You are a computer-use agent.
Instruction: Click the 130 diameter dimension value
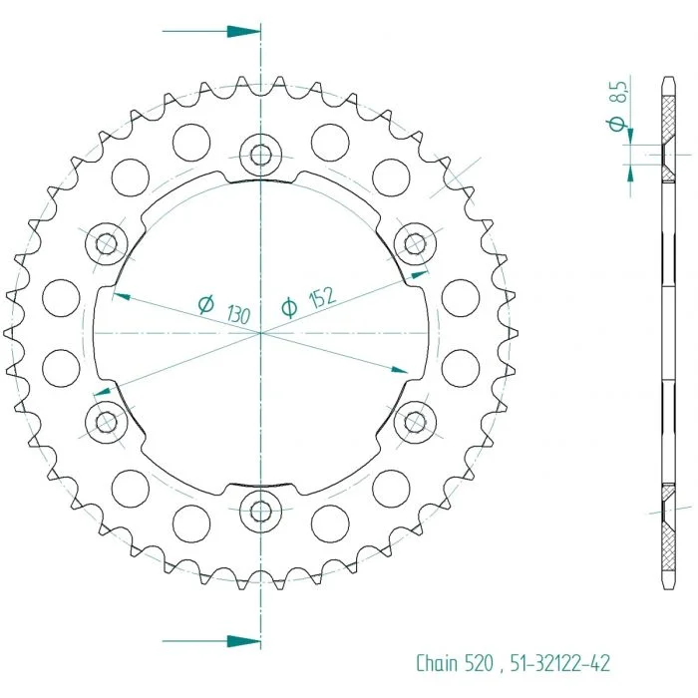pos(238,314)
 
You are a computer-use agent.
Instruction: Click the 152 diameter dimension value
pos(322,297)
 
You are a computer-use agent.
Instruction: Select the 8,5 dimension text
pos(620,91)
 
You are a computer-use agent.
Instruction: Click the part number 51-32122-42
pos(559,663)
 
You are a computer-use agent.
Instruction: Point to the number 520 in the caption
pos(479,663)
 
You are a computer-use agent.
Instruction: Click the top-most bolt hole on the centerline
pos(261,155)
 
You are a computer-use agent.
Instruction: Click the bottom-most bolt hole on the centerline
pos(261,511)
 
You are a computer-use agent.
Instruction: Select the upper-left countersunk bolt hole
pos(107,243)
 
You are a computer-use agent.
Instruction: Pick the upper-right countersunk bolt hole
pos(416,243)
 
